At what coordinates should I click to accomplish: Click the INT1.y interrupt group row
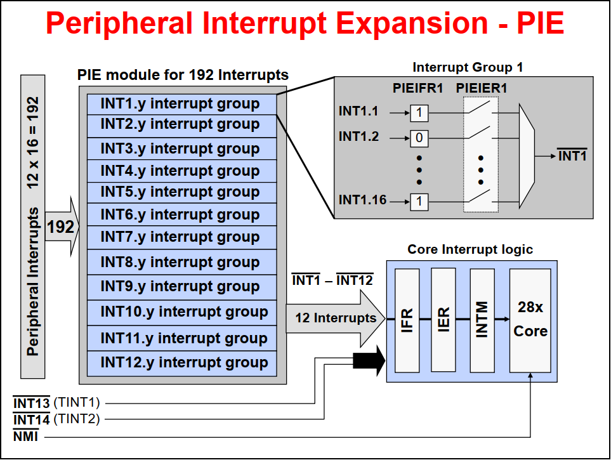coord(181,104)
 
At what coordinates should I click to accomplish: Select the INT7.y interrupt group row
coord(181,237)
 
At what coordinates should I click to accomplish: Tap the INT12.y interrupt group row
coord(181,363)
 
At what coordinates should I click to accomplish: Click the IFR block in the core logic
coord(407,321)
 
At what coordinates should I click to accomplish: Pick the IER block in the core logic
coord(443,320)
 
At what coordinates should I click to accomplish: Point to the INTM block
coord(482,320)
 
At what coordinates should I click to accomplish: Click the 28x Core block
coord(530,321)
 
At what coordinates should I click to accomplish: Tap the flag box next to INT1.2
coord(419,138)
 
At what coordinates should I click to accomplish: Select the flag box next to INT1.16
coord(419,202)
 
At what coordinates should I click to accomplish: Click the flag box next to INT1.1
coord(419,113)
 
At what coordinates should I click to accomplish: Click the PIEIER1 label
coord(482,88)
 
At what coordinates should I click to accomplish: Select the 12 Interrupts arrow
coord(335,318)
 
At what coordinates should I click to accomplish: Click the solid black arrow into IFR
coord(369,361)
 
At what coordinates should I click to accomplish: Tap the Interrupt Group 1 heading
coord(468,67)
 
